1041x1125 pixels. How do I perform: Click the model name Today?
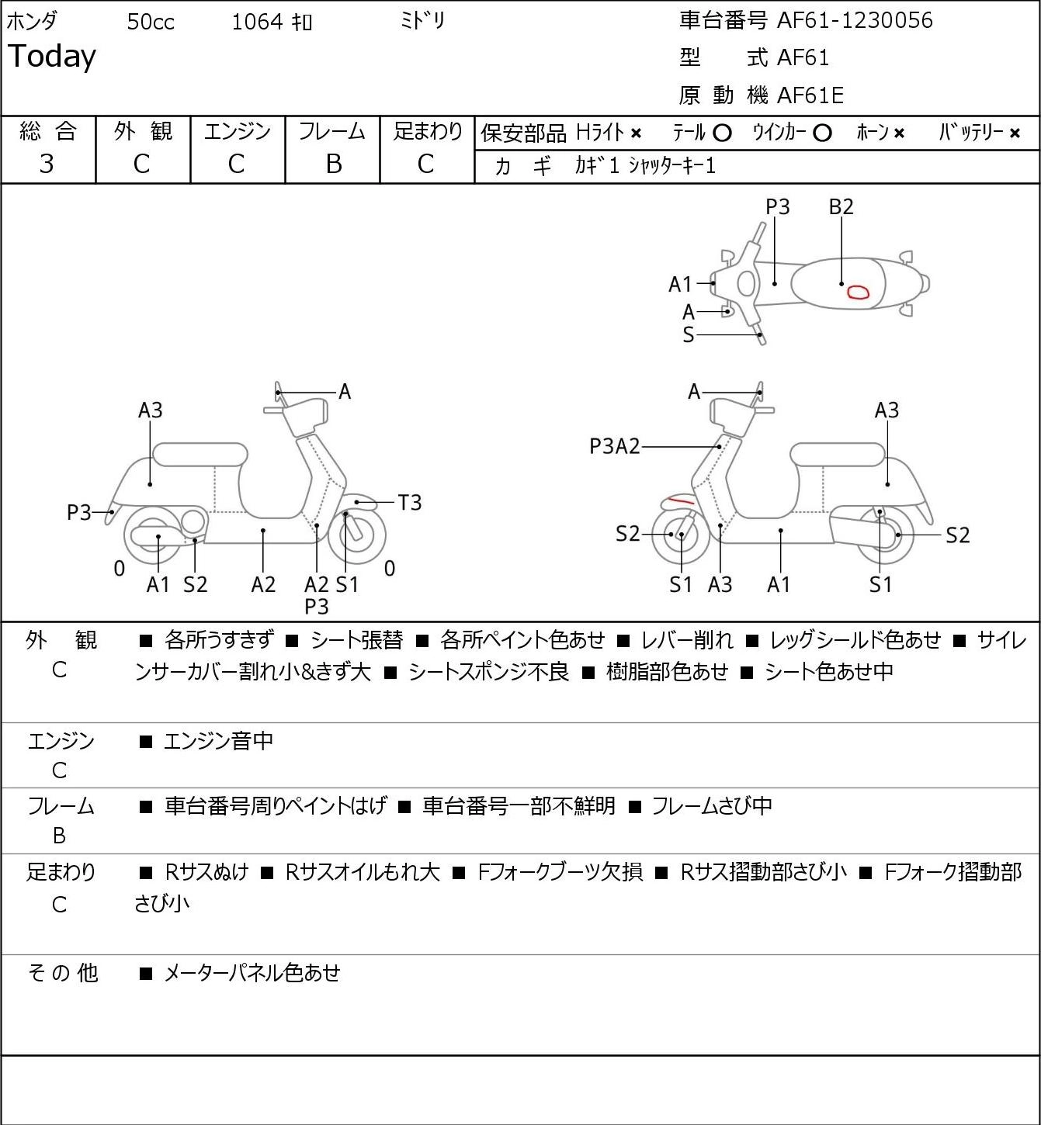click(51, 57)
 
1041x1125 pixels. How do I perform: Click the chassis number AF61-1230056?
click(855, 21)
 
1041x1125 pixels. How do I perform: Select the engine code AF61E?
click(810, 95)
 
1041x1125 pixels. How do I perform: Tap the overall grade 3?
click(47, 164)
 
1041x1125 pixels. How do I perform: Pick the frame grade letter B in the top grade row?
click(333, 164)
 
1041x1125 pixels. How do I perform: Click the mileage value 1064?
click(257, 22)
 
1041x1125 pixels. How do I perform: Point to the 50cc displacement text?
click(151, 22)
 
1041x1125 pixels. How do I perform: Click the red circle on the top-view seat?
click(858, 292)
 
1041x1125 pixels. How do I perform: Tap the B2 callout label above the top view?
click(841, 206)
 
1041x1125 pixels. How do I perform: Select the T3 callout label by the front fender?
click(409, 503)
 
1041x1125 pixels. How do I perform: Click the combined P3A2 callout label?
click(615, 446)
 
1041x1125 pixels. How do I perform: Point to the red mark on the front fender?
click(681, 500)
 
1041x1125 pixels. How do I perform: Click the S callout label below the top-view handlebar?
click(689, 334)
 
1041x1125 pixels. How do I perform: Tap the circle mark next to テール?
click(722, 133)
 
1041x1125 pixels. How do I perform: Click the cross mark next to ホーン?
click(899, 133)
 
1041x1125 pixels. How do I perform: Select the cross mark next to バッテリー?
click(1015, 133)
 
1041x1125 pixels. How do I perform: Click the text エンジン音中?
click(218, 741)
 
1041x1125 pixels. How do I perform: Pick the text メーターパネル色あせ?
click(252, 973)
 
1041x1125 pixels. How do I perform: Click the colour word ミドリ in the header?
click(422, 21)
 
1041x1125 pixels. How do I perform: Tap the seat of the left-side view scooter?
click(200, 455)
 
